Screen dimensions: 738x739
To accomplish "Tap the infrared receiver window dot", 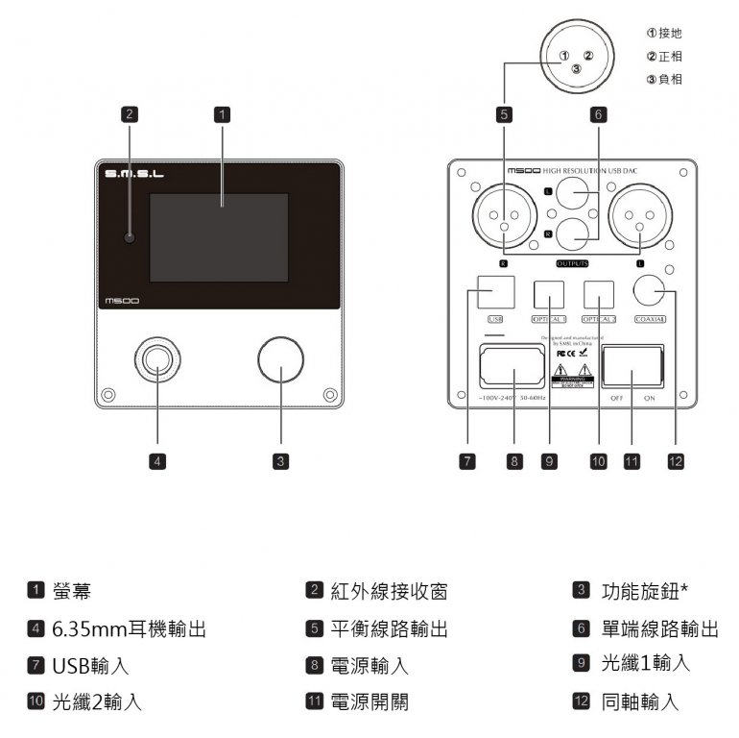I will pyautogui.click(x=129, y=237).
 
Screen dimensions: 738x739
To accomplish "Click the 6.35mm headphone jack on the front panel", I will pyautogui.click(x=157, y=359).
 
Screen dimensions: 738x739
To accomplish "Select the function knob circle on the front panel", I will pyautogui.click(x=280, y=359).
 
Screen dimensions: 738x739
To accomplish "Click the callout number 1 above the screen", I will pyautogui.click(x=222, y=113).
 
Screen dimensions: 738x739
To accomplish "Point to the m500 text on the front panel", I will pyautogui.click(x=122, y=302).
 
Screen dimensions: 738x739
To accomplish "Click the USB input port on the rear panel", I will pyautogui.click(x=495, y=290).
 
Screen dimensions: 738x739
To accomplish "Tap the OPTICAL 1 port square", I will pyautogui.click(x=549, y=292).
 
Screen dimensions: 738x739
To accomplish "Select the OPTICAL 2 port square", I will pyautogui.click(x=598, y=292).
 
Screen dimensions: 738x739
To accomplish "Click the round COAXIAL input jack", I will pyautogui.click(x=651, y=292).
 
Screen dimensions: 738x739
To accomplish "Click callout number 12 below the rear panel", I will pyautogui.click(x=675, y=461).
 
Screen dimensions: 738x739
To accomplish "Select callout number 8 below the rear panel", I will pyautogui.click(x=514, y=461).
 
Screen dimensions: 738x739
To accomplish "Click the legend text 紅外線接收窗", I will pyautogui.click(x=390, y=590).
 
